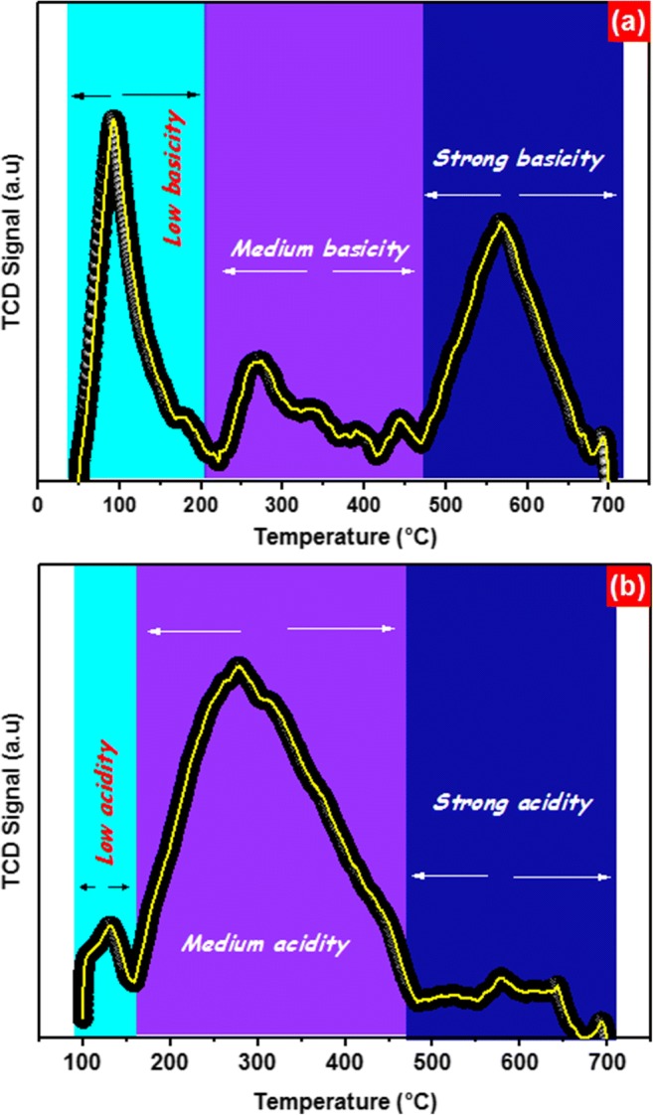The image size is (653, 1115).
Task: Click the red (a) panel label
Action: coord(630,18)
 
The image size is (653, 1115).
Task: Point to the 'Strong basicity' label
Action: coord(518,159)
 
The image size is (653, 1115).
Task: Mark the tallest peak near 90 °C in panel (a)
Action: coord(113,120)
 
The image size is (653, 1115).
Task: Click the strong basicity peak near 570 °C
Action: coord(501,223)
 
